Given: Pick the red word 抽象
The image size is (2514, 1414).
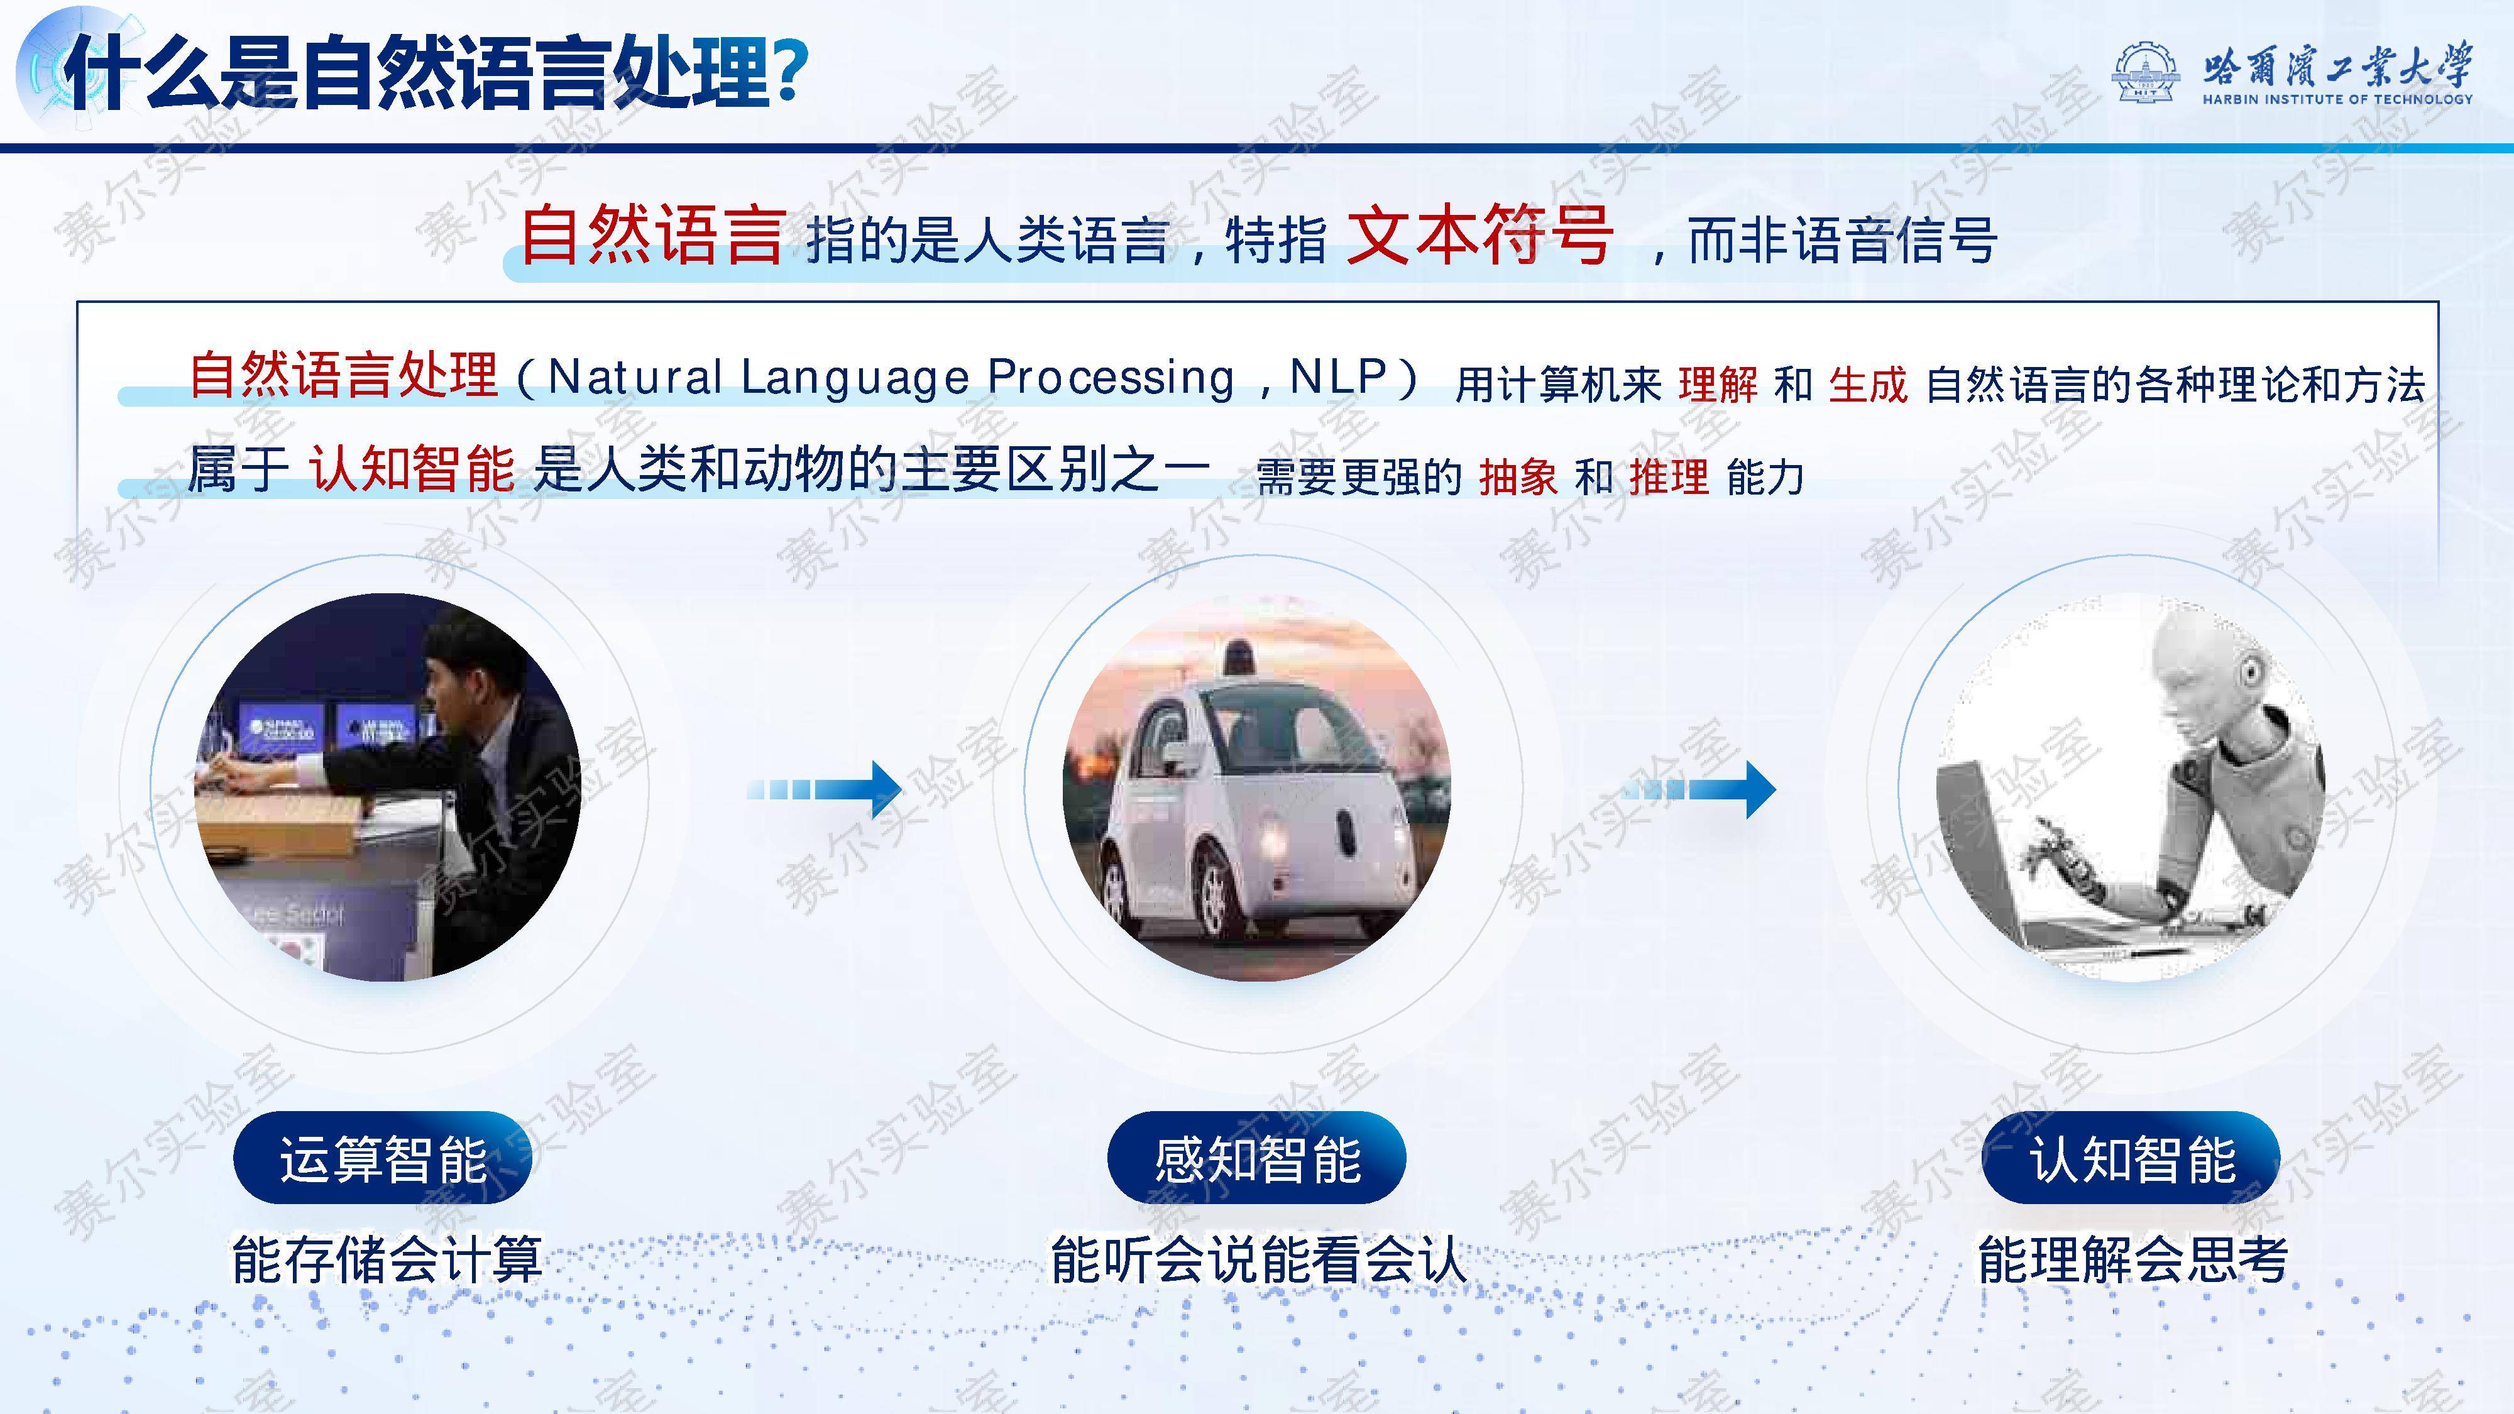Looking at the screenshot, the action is coord(1518,477).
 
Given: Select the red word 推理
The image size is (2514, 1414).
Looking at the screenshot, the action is coord(1669,477).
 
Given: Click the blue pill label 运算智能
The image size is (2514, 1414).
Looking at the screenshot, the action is coord(383,1158).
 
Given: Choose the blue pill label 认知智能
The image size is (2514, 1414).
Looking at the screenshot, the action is coord(2131,1158).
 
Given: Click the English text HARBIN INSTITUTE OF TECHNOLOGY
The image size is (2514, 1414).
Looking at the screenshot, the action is coord(2337,99).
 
